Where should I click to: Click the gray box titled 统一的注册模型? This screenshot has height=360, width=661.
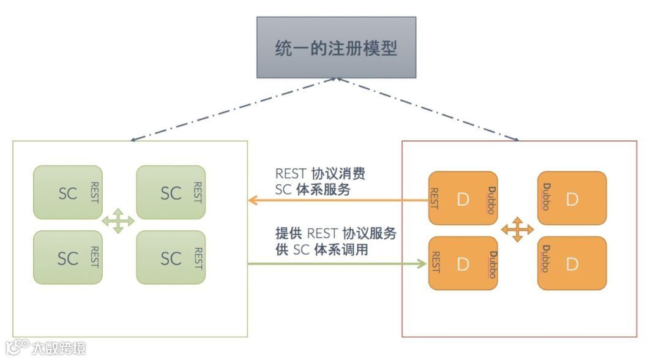coord(336,47)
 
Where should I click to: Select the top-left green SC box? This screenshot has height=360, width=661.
coord(68,192)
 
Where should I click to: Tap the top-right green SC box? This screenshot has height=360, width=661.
coord(171,192)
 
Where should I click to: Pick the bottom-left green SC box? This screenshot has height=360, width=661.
coord(68,257)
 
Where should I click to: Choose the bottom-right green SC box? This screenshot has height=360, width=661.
coord(171,257)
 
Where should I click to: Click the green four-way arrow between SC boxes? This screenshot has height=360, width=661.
coord(118,221)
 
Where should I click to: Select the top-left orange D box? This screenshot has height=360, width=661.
coord(463,198)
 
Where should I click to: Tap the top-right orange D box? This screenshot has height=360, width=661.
coord(572,198)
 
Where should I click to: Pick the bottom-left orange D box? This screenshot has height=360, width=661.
coord(463,263)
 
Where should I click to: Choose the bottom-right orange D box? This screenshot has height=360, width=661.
coord(572,263)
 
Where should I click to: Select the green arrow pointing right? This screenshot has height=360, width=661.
coord(337,264)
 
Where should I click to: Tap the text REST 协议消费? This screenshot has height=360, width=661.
coord(320,174)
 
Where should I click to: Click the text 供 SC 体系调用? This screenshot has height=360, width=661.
coord(321,249)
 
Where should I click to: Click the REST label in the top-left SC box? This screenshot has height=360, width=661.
coord(95,192)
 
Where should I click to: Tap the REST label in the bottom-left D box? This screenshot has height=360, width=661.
coord(435,263)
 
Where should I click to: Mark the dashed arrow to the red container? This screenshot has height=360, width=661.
coord(428,110)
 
